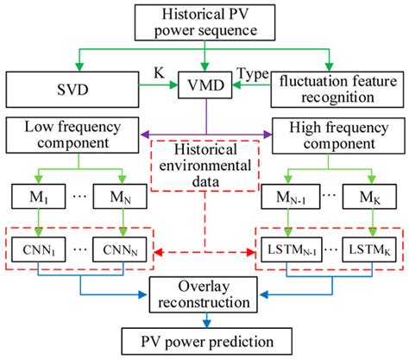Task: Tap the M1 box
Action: (x=34, y=199)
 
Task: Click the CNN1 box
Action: (x=34, y=250)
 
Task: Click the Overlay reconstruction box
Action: (x=204, y=296)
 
